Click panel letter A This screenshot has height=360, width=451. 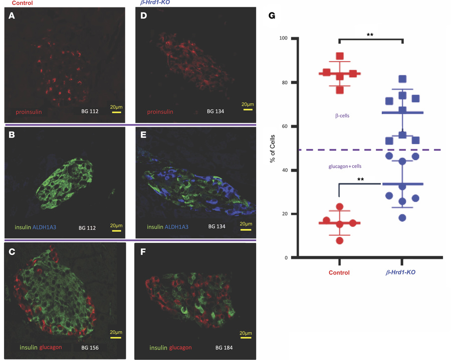[x=11, y=17]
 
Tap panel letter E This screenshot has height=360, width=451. [x=144, y=134]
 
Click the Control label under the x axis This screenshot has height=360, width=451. [x=339, y=273]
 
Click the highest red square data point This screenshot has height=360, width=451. [x=340, y=56]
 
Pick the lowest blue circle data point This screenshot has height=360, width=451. [x=402, y=218]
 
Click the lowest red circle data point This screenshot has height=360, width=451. [x=340, y=241]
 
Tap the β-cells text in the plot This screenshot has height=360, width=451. [x=342, y=116]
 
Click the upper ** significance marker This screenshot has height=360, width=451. [x=371, y=35]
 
